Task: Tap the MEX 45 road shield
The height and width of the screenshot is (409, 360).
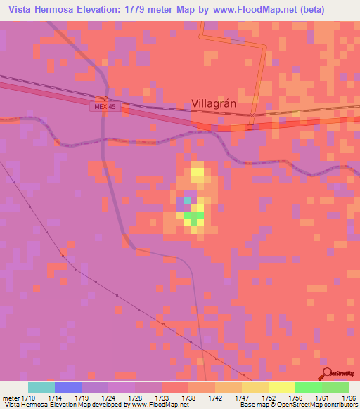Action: (105, 107)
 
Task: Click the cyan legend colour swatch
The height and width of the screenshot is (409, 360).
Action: (41, 387)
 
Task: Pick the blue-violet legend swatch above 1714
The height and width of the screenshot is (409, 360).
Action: (68, 387)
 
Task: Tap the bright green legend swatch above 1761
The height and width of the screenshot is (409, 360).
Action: (309, 387)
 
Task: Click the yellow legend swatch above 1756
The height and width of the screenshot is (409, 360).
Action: (282, 387)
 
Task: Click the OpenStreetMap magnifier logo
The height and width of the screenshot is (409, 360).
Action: (327, 373)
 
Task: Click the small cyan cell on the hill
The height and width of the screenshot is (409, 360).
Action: (187, 202)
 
